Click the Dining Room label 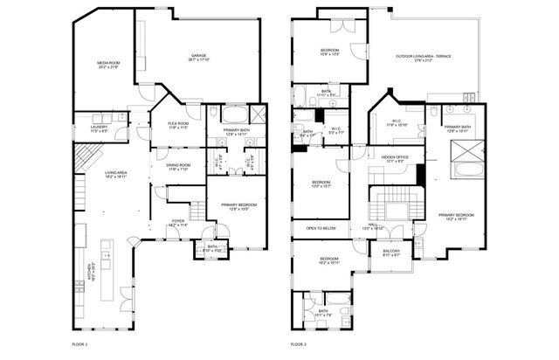click(179, 167)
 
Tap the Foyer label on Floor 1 click(177, 223)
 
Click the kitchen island click(107, 270)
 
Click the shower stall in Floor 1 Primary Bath click(258, 114)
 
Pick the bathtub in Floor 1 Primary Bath click(234, 114)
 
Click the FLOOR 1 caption click(80, 346)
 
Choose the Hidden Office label click(395, 160)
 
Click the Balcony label click(391, 253)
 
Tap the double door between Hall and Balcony click(391, 241)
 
